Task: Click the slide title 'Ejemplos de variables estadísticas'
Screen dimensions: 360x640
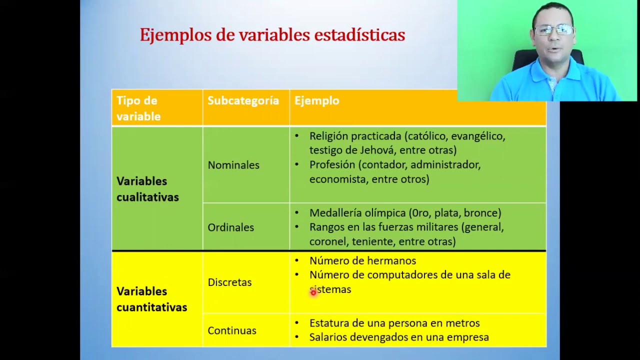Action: click(272, 35)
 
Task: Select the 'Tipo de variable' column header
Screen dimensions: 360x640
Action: click(138, 108)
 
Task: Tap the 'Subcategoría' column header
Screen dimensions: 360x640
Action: click(243, 100)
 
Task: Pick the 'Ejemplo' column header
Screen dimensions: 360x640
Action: click(316, 100)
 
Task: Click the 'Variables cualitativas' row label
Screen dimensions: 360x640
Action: click(147, 189)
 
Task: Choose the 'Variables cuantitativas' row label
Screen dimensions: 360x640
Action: click(151, 299)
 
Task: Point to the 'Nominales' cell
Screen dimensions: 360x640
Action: click(233, 165)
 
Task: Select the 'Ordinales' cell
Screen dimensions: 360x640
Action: click(230, 227)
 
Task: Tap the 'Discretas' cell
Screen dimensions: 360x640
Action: click(229, 282)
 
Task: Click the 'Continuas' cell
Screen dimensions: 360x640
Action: click(232, 330)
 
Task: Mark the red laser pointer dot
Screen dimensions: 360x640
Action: click(313, 293)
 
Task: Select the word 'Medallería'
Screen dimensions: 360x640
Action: click(335, 213)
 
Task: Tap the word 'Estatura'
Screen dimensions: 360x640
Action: click(329, 323)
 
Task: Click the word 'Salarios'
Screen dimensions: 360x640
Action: click(328, 337)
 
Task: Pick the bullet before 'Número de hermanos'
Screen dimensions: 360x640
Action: click(296, 260)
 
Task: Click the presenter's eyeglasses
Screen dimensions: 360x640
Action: click(553, 30)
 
